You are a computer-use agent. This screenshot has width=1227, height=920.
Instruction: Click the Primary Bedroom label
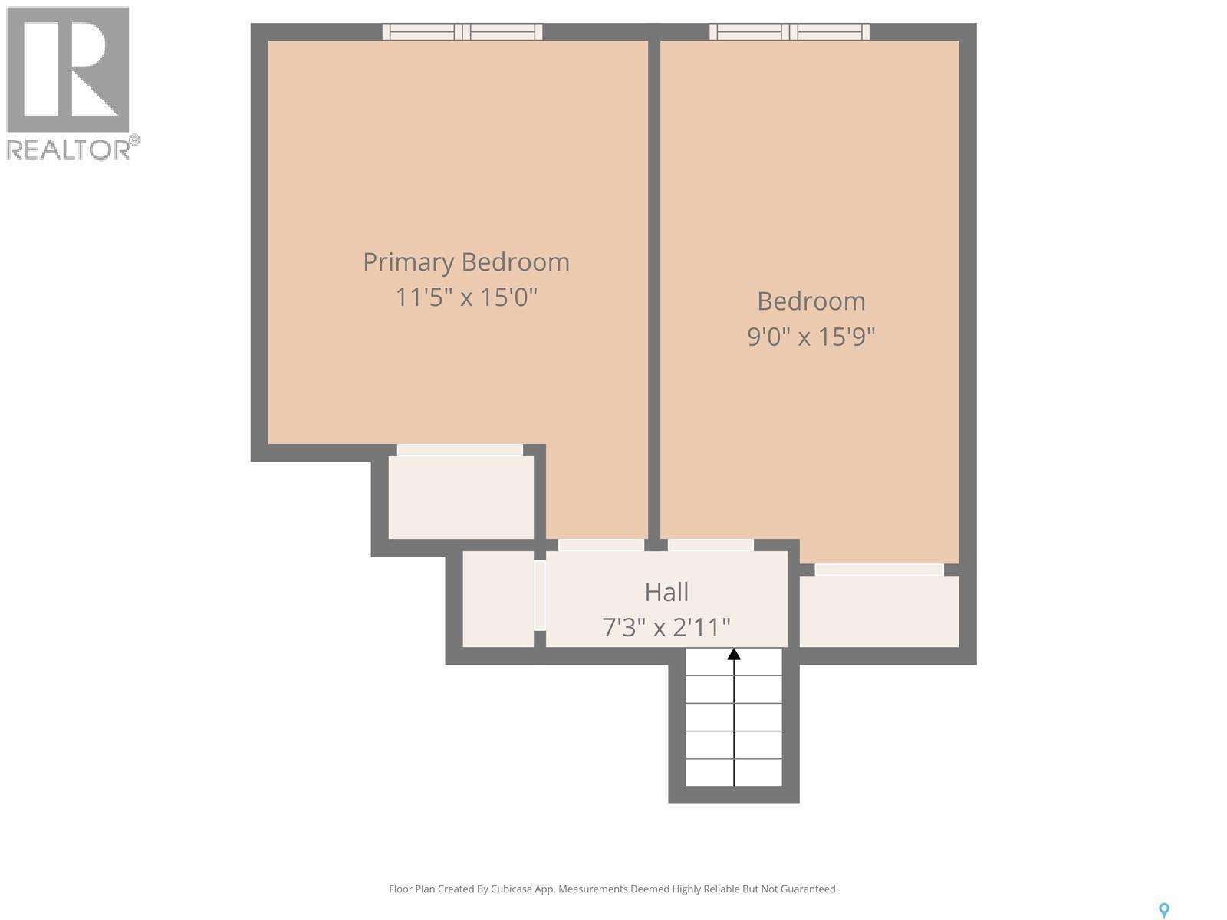tap(466, 262)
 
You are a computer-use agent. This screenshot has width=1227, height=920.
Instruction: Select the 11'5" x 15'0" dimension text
tap(466, 297)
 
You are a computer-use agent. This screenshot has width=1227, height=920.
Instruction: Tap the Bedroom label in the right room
tap(811, 301)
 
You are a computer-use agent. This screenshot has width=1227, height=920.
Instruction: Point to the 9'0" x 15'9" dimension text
tap(811, 336)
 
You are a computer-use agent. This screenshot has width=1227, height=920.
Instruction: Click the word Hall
tap(666, 592)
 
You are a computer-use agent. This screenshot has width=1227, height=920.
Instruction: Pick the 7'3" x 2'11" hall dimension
tap(666, 627)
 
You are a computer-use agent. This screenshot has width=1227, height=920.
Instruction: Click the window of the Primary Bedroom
tap(462, 31)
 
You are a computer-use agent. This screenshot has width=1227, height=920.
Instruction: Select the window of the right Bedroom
tap(789, 31)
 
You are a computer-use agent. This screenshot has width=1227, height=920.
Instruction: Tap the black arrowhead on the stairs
tap(734, 654)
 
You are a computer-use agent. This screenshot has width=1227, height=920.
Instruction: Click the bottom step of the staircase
tap(734, 773)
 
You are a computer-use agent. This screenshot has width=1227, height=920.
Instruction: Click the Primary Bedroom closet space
tap(461, 498)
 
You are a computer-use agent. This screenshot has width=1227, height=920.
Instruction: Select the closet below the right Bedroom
tap(879, 611)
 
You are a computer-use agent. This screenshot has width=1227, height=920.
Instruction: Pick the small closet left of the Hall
tap(498, 599)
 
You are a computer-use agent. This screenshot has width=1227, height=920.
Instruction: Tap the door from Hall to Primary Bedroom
tap(601, 545)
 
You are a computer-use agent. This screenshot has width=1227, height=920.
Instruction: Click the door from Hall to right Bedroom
tap(710, 545)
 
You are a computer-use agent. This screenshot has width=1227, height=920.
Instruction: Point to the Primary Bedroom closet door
tap(460, 450)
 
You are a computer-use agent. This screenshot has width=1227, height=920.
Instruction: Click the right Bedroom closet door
tap(879, 570)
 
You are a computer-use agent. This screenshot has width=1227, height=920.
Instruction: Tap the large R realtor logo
tap(67, 69)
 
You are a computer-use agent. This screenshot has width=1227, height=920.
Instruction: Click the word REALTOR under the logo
tap(69, 149)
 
